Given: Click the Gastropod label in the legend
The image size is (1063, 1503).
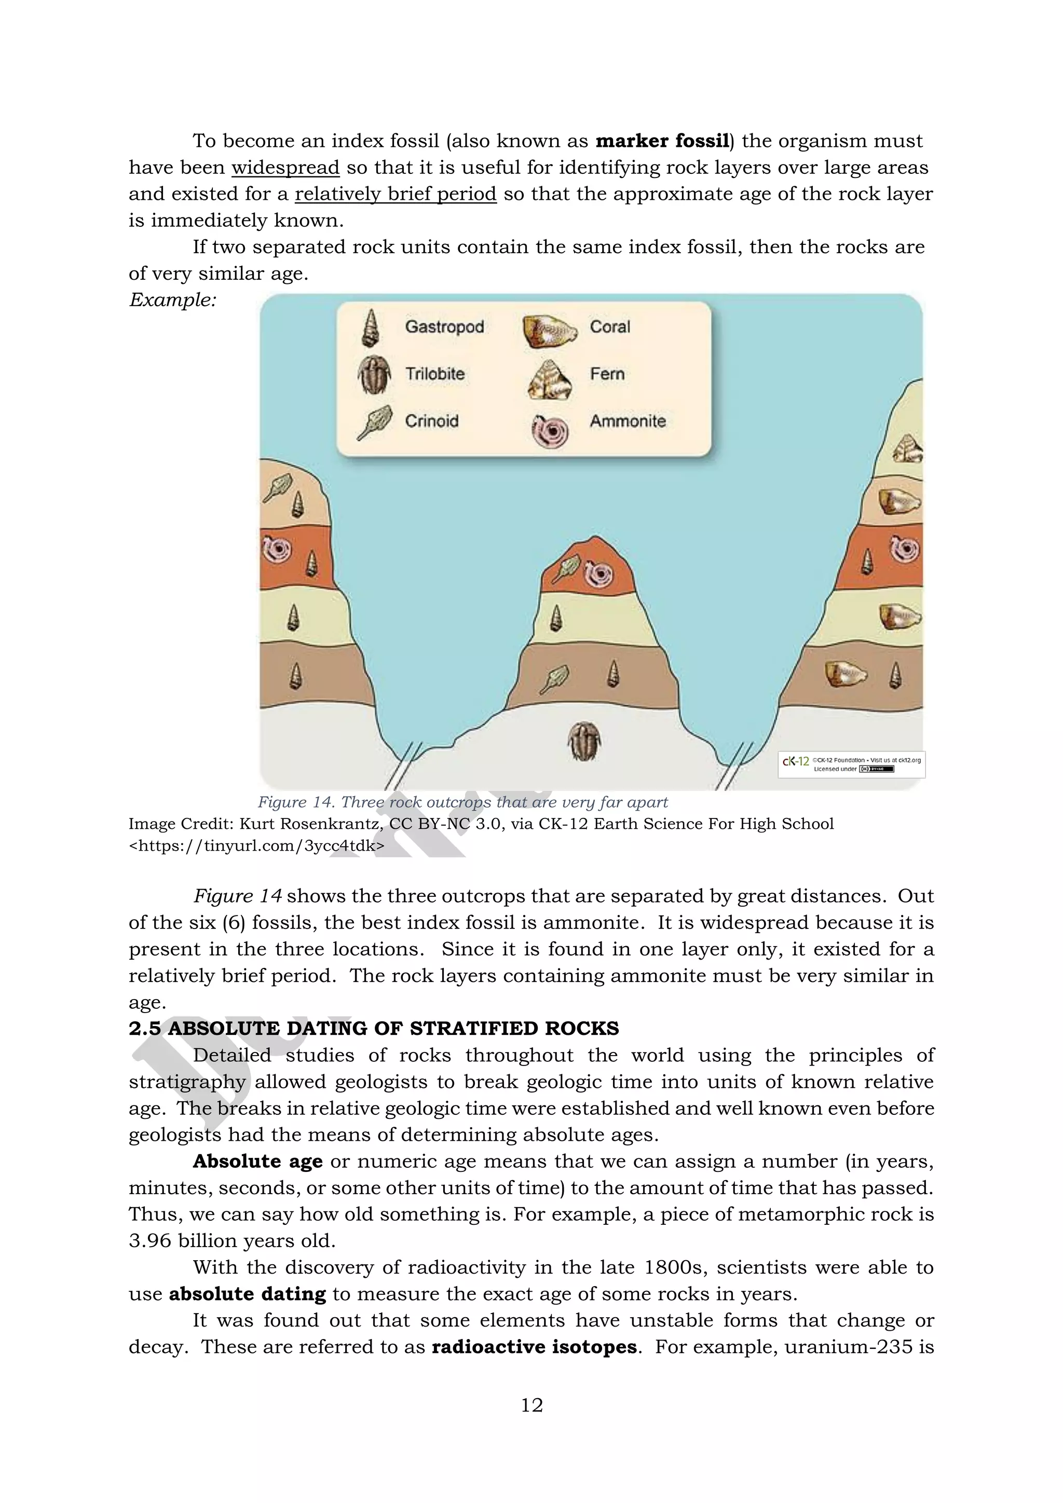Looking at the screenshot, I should [x=444, y=326].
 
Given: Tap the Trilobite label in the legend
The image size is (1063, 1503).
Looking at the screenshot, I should [x=434, y=374].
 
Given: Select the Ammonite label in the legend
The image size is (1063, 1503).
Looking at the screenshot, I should [x=628, y=421].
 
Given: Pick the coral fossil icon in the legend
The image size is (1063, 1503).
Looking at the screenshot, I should [x=549, y=331].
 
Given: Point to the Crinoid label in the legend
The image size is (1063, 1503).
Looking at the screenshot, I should [x=431, y=421].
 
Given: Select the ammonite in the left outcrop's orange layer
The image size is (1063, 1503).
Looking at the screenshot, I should [x=276, y=549].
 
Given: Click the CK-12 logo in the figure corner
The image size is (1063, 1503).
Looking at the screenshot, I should [x=796, y=761].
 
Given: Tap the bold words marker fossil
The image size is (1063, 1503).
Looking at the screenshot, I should [x=662, y=141].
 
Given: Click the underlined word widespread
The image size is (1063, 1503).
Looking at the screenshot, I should [x=285, y=168].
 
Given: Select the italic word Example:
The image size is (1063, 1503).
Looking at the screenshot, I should [x=173, y=300].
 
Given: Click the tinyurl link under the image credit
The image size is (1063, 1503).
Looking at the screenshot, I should [x=256, y=846].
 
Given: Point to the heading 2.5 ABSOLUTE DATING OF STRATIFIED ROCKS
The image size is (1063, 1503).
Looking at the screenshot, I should [x=373, y=1029].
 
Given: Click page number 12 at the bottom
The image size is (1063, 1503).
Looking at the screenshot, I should [x=531, y=1405].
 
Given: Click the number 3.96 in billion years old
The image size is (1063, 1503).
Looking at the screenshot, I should [x=150, y=1240].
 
